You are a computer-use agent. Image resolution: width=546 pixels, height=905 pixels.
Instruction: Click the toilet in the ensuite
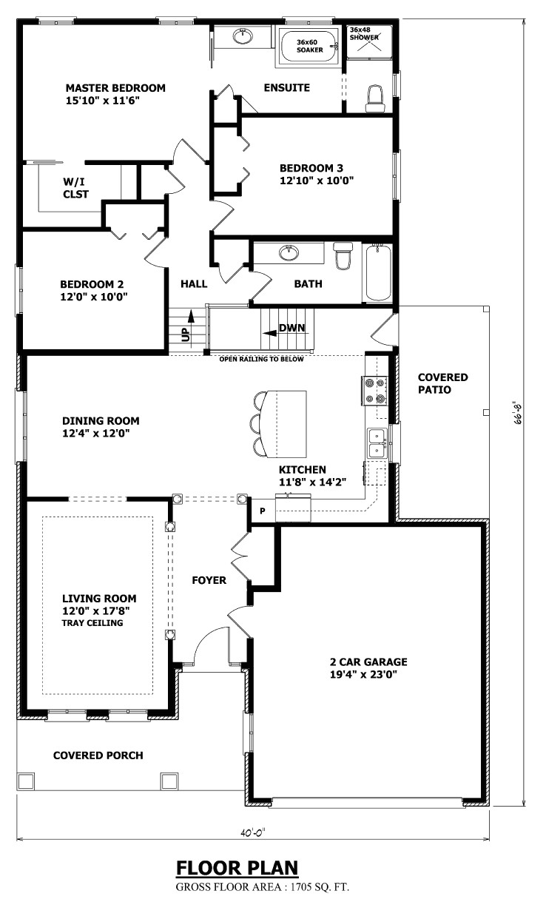coord(376,98)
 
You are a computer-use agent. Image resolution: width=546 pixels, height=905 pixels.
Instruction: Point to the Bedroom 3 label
coord(311,167)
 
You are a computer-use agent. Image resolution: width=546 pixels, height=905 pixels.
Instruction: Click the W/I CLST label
coord(75,187)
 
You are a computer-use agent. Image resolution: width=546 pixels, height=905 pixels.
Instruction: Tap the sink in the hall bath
coord(289,254)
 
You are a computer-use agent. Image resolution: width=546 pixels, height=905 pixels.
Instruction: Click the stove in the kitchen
coord(374,391)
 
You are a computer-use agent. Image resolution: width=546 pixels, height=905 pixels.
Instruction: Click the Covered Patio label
coord(442,383)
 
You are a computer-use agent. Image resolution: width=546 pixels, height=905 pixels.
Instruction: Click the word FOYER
coord(209,580)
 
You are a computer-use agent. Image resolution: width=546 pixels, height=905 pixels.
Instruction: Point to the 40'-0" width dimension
coord(252,832)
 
